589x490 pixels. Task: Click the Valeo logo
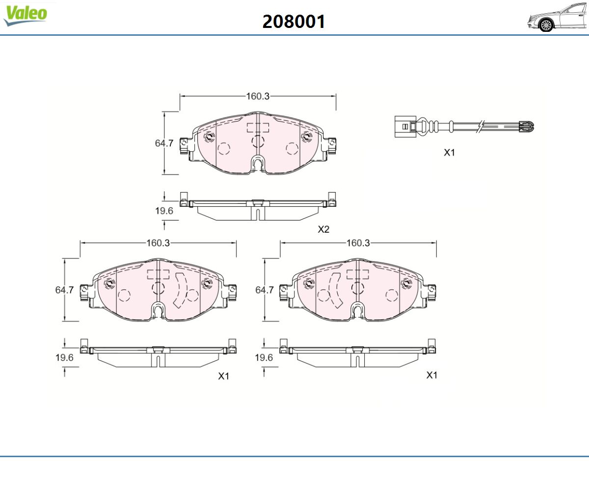click(x=25, y=15)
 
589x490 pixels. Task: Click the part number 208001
click(x=294, y=22)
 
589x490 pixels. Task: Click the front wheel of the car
click(x=546, y=25)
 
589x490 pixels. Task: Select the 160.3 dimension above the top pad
click(x=258, y=97)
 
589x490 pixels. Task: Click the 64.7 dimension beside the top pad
click(x=164, y=143)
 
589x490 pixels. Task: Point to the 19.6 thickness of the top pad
click(x=164, y=211)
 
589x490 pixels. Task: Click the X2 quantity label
click(x=323, y=229)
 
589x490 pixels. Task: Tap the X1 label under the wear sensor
click(x=450, y=152)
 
